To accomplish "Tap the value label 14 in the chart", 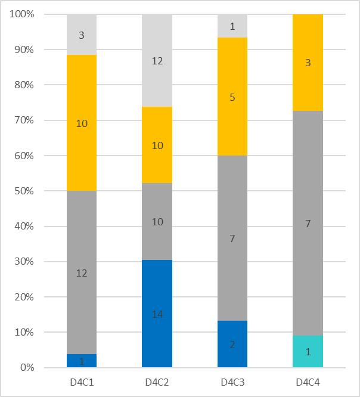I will coord(157,314).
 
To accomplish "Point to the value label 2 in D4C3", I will coord(232,345).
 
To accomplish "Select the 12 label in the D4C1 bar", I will coord(82,273).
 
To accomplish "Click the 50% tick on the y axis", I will coord(23,191).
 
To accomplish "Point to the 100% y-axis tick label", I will coord(21,14).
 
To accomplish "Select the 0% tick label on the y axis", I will coord(26,367).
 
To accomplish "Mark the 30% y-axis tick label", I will coord(23,262).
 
